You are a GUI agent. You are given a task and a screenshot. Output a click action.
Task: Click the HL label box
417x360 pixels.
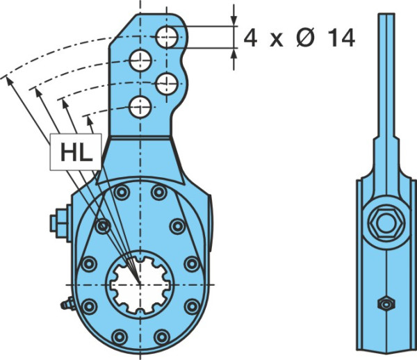(x=76, y=152)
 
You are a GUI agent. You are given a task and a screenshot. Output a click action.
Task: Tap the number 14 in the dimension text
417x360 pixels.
(x=341, y=38)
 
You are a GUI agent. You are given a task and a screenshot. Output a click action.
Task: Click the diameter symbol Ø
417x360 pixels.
(x=305, y=38)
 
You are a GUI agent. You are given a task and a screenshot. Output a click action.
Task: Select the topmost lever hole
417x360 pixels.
(x=167, y=38)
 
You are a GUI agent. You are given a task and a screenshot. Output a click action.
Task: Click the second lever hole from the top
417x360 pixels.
(x=140, y=60)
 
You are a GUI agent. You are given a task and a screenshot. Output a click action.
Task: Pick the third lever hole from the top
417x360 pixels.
(x=167, y=84)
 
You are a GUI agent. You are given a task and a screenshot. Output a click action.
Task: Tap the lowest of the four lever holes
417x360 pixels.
(x=140, y=107)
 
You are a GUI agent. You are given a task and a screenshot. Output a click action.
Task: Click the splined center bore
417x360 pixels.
(x=140, y=285)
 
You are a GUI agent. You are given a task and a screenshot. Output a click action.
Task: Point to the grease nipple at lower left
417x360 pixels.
(x=67, y=304)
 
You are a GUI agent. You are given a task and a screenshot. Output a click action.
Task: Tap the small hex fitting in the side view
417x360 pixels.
(x=386, y=304)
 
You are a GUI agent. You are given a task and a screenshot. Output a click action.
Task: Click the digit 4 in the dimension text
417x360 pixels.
(x=250, y=38)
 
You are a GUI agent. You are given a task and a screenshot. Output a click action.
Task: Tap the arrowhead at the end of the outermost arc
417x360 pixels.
(x=9, y=81)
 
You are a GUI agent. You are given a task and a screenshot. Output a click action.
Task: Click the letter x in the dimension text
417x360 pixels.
(x=277, y=41)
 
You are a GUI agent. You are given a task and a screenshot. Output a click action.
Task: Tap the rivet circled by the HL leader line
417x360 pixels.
(x=103, y=227)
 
